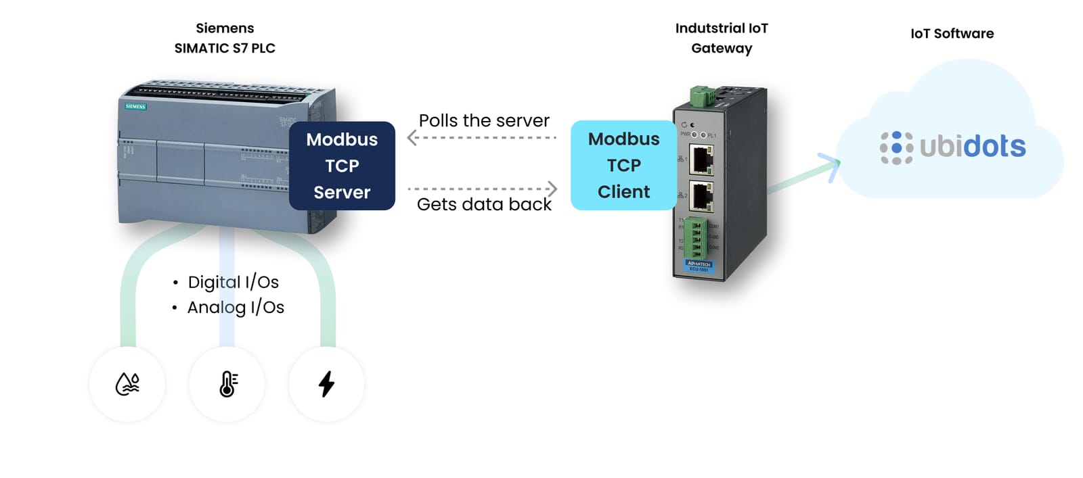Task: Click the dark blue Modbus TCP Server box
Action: (x=342, y=166)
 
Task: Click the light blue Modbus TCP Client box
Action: (x=623, y=166)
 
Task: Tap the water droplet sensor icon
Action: (x=127, y=384)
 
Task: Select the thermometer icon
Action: (x=227, y=384)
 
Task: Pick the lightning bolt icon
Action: (x=326, y=384)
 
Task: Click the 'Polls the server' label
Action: (x=484, y=120)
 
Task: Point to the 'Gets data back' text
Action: (x=484, y=204)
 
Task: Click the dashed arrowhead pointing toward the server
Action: (x=412, y=138)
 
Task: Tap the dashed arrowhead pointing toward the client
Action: (x=552, y=189)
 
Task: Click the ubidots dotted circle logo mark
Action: (x=896, y=147)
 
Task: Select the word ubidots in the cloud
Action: (x=973, y=146)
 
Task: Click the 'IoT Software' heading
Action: (x=952, y=33)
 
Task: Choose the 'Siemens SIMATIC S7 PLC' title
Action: (x=225, y=38)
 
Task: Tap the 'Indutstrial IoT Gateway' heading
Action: (x=722, y=38)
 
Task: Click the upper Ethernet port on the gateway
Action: (x=701, y=160)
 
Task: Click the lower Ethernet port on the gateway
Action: (x=701, y=196)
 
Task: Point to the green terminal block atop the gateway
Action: (x=703, y=97)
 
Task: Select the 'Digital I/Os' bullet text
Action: (x=233, y=282)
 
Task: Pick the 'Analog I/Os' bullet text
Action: (x=236, y=307)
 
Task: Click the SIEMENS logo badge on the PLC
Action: (x=135, y=107)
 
